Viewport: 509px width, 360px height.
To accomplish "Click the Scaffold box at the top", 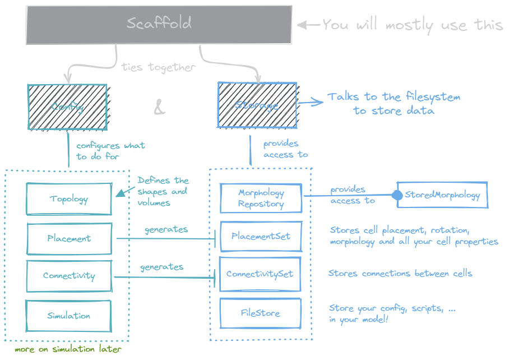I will pyautogui.click(x=159, y=25).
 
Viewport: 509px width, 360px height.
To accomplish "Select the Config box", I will pyautogui.click(x=67, y=107).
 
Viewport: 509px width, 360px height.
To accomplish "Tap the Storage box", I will pyautogui.click(x=257, y=105).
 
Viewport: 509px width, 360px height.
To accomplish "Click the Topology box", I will pyautogui.click(x=68, y=199).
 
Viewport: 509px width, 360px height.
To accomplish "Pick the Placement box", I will pyautogui.click(x=69, y=238).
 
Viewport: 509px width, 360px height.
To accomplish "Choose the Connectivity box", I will pyautogui.click(x=69, y=276).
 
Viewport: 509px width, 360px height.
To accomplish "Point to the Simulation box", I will pyautogui.click(x=68, y=316).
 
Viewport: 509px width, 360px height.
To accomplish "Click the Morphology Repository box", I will pyautogui.click(x=261, y=199).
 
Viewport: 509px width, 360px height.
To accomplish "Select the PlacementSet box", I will pyautogui.click(x=261, y=237).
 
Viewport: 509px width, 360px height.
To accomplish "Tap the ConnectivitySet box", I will pyautogui.click(x=260, y=274).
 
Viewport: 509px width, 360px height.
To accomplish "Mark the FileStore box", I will pyautogui.click(x=260, y=313).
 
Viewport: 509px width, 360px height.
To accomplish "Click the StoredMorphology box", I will pyautogui.click(x=442, y=195).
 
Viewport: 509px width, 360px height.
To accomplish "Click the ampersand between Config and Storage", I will pyautogui.click(x=160, y=107).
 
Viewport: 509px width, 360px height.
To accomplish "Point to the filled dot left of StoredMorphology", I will pyautogui.click(x=397, y=196).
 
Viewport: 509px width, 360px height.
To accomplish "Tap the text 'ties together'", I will pyautogui.click(x=158, y=67).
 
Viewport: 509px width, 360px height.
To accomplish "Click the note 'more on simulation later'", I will pyautogui.click(x=68, y=349).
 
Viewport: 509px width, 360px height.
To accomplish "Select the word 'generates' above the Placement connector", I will pyautogui.click(x=166, y=229).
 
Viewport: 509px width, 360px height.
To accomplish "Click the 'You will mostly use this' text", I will pyautogui.click(x=412, y=25).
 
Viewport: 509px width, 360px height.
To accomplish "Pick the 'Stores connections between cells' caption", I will pyautogui.click(x=400, y=274).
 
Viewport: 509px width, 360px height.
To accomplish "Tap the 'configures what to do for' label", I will pyautogui.click(x=110, y=151).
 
